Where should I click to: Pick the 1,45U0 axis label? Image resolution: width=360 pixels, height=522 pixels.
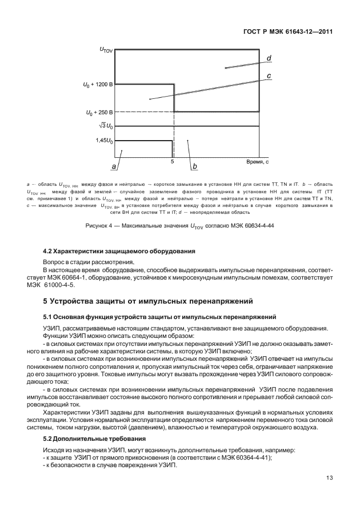point(104,140)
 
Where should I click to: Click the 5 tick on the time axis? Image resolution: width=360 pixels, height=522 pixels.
point(172,162)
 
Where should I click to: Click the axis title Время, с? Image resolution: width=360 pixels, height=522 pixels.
point(257,162)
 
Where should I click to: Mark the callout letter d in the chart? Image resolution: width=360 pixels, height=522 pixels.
point(269,58)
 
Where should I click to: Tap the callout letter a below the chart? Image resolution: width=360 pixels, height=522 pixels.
point(114,166)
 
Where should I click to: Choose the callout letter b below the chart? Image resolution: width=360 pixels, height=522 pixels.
point(194,166)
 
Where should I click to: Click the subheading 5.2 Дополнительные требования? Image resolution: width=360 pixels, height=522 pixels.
point(92,439)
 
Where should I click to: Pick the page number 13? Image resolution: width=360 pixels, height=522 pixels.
point(329,478)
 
